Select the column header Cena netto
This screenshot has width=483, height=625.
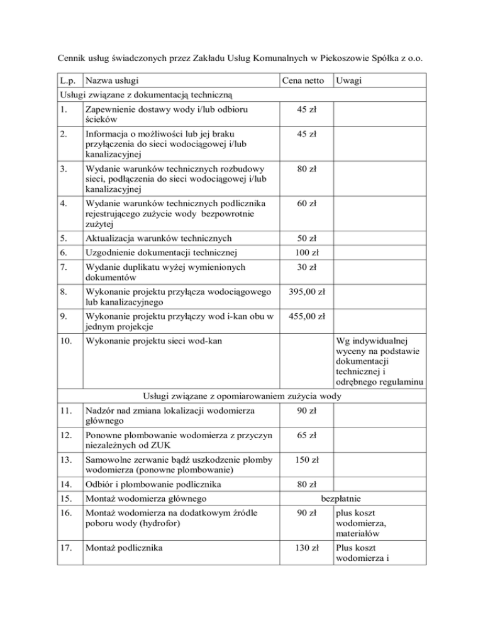coord(303,81)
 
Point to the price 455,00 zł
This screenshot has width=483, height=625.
coord(305,317)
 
